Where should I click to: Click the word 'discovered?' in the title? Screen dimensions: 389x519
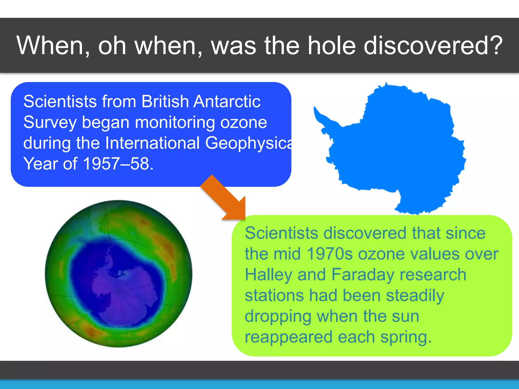433,46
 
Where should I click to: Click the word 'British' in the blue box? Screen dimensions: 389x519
165,102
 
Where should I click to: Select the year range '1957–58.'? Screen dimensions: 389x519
118,164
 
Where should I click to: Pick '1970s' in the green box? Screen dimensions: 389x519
330,254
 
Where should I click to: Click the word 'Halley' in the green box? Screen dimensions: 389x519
268,275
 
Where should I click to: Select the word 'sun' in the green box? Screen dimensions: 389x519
405,317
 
